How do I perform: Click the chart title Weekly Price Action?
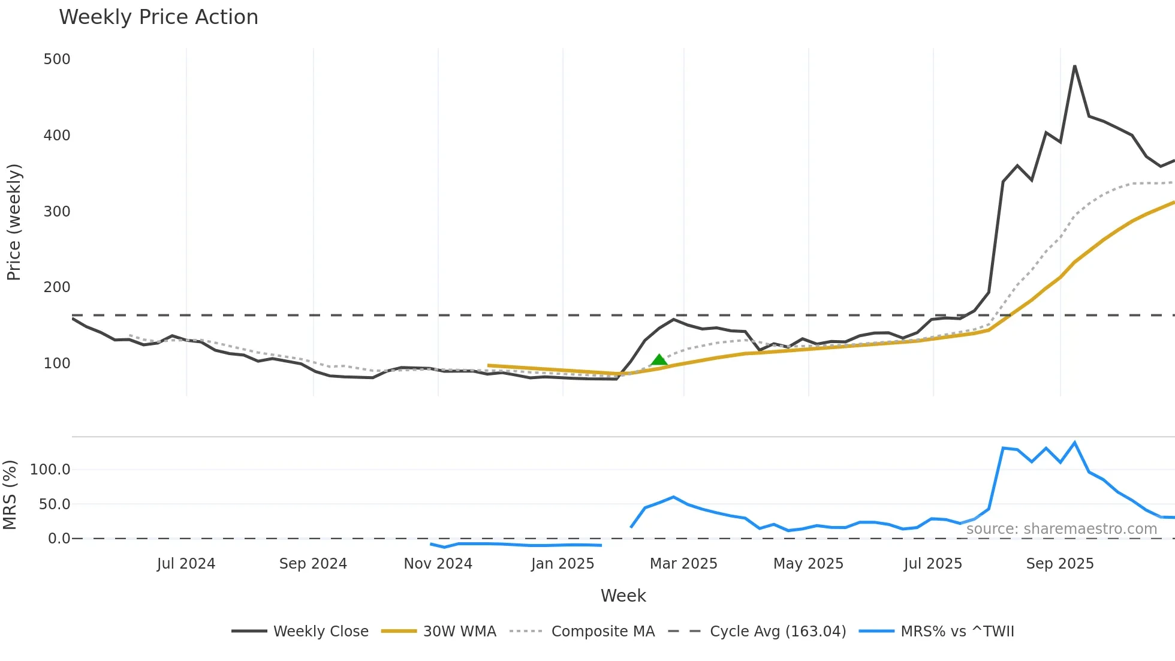coord(158,17)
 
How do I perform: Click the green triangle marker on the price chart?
coord(659,360)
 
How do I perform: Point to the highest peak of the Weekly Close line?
coord(1074,66)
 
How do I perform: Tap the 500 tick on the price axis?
coord(57,59)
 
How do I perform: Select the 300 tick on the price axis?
coord(57,211)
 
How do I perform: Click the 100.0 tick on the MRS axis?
coord(50,469)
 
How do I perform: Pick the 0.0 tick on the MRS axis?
coord(59,538)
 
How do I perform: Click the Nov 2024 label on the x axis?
coord(438,564)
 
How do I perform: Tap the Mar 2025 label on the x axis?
coord(683,564)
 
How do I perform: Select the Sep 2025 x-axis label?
coord(1059,564)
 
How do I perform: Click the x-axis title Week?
coord(623,596)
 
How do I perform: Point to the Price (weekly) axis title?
coord(14,222)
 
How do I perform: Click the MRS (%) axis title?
coord(10,495)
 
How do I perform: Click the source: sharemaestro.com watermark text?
coord(1061,528)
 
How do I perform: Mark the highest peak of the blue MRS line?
coord(1074,443)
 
